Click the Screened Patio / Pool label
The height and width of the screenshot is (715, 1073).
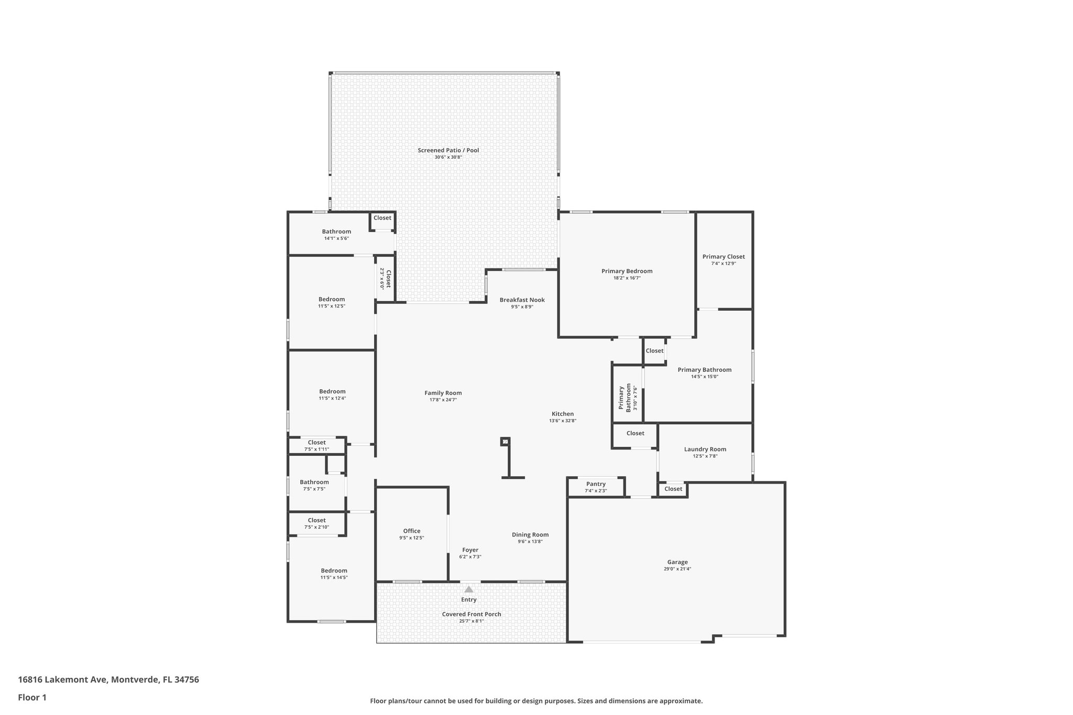448,150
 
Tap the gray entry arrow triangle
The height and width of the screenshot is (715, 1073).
469,589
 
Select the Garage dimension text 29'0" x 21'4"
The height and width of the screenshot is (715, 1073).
677,569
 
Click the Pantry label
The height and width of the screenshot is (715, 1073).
596,484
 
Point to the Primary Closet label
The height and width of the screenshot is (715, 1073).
723,257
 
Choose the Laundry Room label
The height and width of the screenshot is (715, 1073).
705,449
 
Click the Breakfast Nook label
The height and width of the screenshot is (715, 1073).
522,300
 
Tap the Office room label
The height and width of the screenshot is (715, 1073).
411,531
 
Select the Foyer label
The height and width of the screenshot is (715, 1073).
470,550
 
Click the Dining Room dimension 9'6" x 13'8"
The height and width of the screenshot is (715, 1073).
530,542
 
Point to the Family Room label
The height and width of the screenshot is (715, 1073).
443,393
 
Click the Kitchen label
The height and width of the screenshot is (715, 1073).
562,414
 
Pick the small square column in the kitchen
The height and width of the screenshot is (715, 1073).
505,442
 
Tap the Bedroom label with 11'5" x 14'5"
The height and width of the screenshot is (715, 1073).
334,571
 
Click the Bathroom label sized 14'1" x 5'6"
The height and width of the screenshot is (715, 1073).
336,232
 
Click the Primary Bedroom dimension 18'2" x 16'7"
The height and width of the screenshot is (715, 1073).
627,278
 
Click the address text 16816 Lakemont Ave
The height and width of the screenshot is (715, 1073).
63,680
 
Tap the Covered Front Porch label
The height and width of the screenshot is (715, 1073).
471,614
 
